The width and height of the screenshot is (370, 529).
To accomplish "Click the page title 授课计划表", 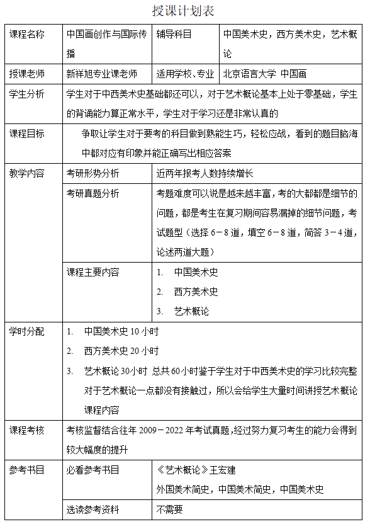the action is pos(184,11).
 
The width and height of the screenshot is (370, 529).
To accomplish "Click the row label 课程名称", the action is pos(27,35).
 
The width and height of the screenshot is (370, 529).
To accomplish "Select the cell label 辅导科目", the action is pos(174,35).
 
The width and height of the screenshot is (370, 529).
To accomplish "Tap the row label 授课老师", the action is pos(27,74).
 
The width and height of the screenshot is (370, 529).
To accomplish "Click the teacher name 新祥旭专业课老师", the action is pos(102,74).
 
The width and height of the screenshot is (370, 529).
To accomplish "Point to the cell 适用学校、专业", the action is pos(186,74).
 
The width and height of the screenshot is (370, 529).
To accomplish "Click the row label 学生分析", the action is pos(27,94).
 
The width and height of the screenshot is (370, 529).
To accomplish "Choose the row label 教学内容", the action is pos(27,173).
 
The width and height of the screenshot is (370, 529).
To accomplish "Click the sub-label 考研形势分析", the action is pos(93,173).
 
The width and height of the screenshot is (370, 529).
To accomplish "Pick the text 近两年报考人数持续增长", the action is pos(205,173).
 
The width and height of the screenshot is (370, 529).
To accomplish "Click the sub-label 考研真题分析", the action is pos(93,193).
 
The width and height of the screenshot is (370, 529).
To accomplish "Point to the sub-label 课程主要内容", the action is pos(93,272).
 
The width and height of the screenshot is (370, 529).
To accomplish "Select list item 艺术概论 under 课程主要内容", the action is pos(191,311).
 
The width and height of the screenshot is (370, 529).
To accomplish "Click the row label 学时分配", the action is pos(27,331).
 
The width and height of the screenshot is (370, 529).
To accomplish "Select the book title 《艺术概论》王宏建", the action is pos(196,470).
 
